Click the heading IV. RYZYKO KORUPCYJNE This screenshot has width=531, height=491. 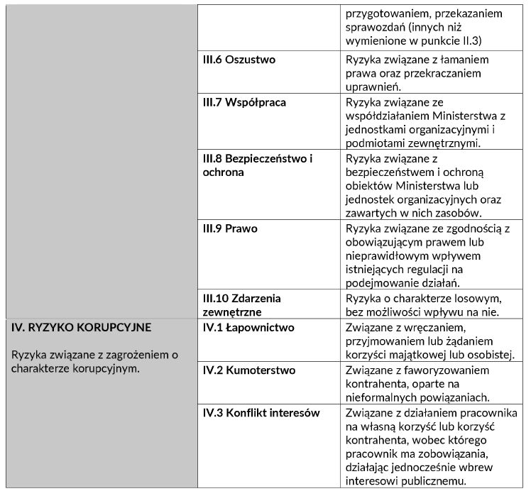coord(82,328)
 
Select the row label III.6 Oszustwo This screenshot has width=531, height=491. coord(239,60)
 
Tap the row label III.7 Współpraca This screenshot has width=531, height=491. coord(244,102)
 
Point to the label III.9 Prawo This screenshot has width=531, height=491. coord(230,228)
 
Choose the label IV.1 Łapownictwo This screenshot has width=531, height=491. coord(248,328)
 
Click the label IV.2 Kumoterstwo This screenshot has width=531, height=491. coord(249,370)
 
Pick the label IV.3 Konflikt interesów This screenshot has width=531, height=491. coord(261,413)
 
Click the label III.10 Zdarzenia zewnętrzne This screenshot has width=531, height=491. coord(242,304)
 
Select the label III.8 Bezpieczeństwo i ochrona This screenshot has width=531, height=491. coord(258,165)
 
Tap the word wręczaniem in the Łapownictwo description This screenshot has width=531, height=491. coord(434,327)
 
